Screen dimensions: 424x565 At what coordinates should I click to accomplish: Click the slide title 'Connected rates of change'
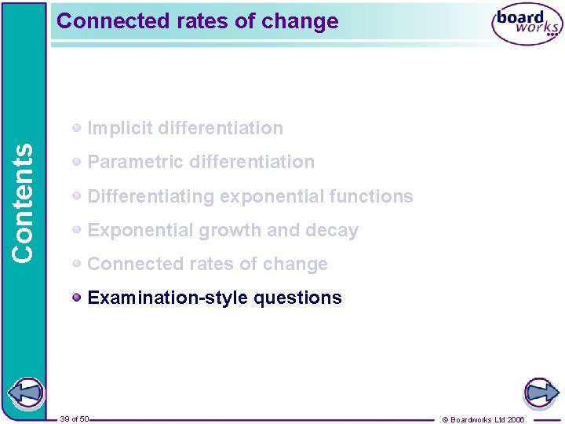198,21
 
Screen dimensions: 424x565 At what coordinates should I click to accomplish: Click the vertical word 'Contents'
24,203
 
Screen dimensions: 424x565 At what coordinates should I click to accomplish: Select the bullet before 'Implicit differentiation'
77,128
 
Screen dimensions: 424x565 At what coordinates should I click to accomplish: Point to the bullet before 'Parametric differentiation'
77,162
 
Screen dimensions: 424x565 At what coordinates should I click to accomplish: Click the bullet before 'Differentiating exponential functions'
77,196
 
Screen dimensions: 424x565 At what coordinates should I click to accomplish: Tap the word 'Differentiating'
151,196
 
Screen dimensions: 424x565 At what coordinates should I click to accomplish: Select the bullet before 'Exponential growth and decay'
77,230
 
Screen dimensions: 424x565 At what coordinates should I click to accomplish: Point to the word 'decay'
334,231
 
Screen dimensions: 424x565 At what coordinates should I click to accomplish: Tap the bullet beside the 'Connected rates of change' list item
77,264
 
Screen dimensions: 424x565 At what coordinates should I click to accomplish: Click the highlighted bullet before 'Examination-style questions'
77,298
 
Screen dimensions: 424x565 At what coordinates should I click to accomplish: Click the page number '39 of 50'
75,419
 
